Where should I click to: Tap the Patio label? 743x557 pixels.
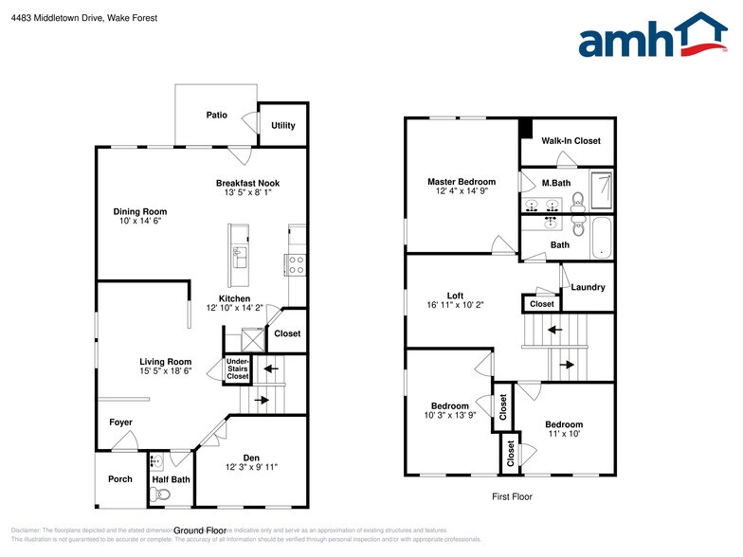[x=217, y=116]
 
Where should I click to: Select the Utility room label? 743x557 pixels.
[x=282, y=125]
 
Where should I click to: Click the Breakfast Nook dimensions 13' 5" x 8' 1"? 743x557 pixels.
[x=247, y=193]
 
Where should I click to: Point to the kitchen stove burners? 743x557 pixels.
[x=295, y=264]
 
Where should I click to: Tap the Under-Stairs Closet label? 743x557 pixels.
[x=237, y=368]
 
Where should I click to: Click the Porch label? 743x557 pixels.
[x=120, y=479]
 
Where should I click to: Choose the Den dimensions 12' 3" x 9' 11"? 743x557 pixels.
[x=251, y=467]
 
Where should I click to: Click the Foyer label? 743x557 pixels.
[x=120, y=422]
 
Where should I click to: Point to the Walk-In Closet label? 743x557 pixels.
[x=571, y=141]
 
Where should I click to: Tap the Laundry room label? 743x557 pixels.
[x=588, y=287]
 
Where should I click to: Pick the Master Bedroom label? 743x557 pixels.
[x=461, y=182]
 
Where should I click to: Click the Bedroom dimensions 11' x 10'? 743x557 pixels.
[x=563, y=434]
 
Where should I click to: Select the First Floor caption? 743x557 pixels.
[x=511, y=496]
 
